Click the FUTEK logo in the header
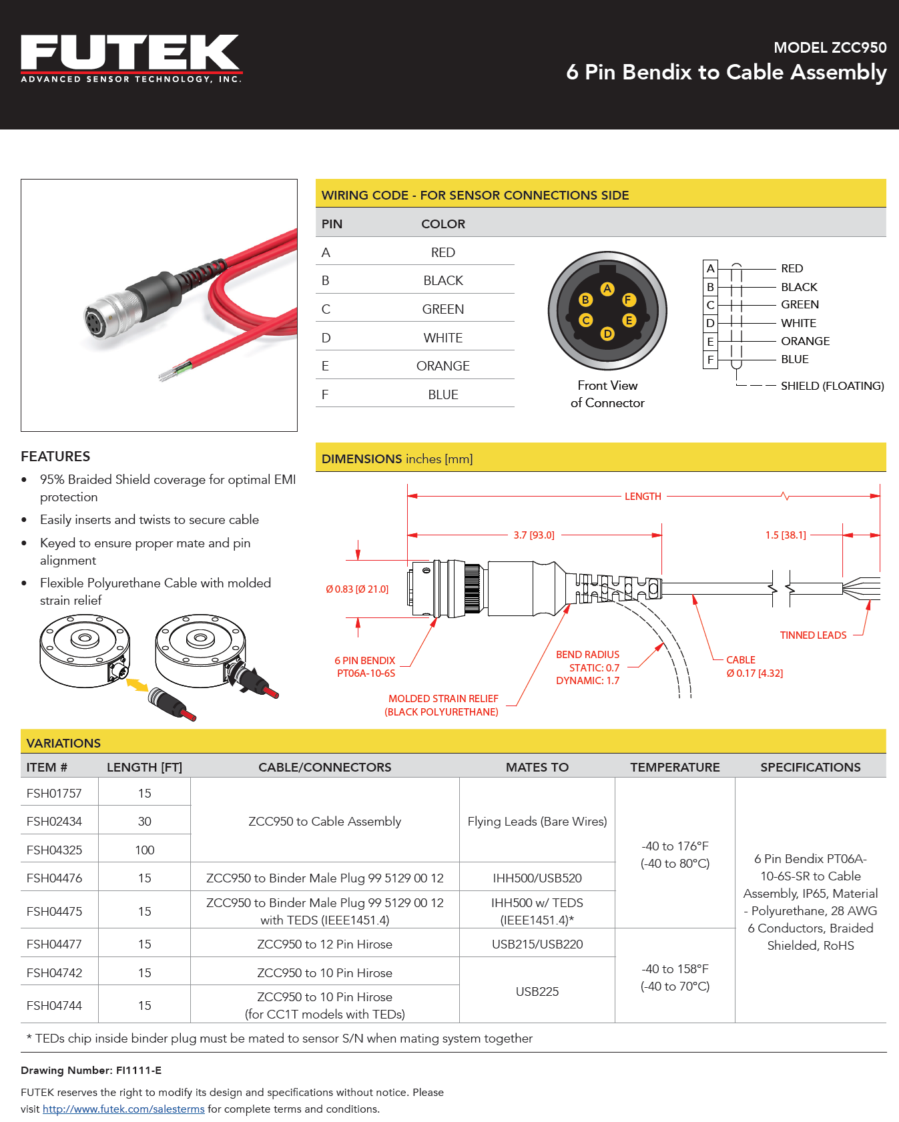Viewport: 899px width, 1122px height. point(131,59)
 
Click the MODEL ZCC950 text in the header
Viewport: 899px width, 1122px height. point(830,47)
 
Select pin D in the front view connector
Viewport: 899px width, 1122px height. point(607,334)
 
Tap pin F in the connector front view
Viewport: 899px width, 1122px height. point(629,300)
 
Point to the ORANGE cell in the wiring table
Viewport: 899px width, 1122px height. point(442,366)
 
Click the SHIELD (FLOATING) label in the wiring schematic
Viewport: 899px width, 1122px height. point(832,386)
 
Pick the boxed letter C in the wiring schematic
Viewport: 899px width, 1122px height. point(710,305)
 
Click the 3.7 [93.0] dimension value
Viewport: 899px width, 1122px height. point(534,535)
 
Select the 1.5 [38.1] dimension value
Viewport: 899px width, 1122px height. point(786,535)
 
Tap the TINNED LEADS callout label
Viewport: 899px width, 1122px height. point(813,635)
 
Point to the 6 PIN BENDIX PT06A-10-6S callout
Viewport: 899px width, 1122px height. point(366,667)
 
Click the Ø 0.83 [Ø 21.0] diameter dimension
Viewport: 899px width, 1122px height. point(357,589)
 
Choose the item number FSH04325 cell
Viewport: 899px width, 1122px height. point(54,850)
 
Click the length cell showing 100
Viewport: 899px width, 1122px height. point(145,850)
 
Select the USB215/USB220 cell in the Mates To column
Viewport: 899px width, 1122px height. point(537,944)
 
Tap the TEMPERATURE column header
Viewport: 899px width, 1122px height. point(675,768)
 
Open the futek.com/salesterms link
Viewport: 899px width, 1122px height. point(123,1109)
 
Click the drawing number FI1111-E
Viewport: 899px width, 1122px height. point(139,1071)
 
